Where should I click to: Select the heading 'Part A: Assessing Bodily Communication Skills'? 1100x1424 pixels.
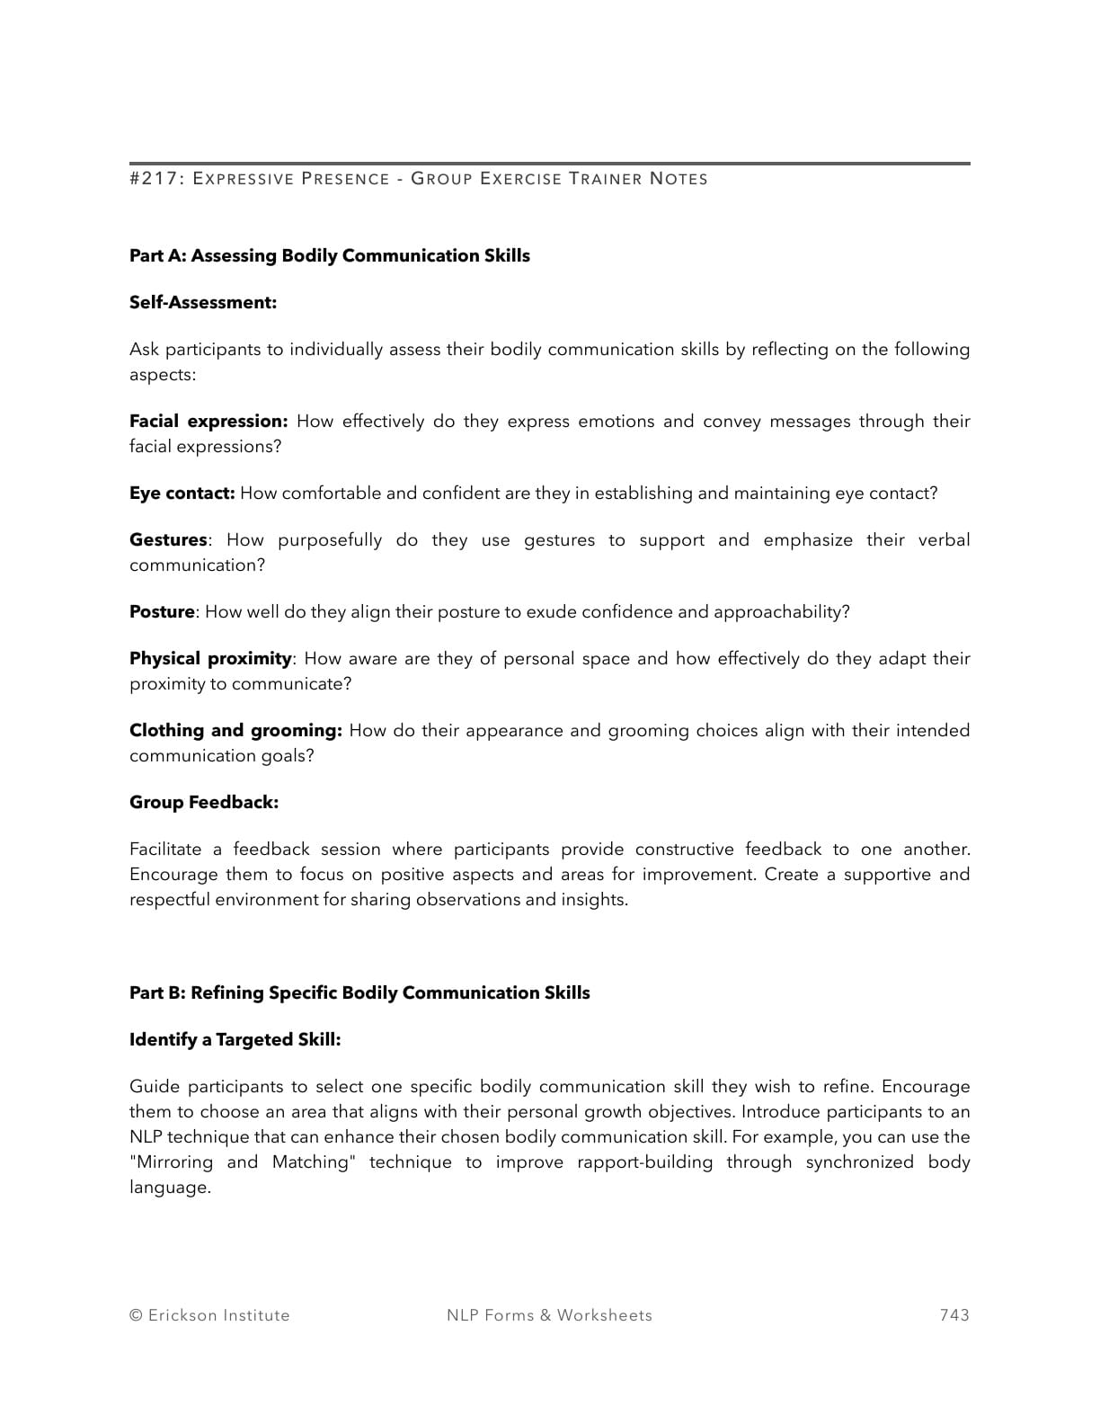329,256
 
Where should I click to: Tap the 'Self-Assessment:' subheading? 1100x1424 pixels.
203,303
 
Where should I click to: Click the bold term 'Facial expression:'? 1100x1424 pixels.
208,422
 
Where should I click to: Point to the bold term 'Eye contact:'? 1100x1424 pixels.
182,494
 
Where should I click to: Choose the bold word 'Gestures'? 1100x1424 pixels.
168,540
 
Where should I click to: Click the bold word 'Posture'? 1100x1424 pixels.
162,612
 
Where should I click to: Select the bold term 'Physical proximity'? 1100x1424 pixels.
210,659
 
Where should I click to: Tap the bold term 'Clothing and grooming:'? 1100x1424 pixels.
235,731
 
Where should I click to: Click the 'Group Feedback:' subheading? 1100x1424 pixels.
204,803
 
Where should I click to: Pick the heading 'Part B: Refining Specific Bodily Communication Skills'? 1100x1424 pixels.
359,993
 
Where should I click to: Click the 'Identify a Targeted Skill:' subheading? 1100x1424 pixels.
235,1040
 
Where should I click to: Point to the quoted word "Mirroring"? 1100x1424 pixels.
172,1162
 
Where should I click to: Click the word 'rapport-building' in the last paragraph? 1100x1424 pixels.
644,1162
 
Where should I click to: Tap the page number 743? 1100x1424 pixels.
954,1315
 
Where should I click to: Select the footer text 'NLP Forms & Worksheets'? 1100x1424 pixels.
549,1315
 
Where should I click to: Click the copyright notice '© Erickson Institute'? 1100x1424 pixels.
209,1315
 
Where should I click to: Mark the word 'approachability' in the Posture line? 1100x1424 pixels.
781,612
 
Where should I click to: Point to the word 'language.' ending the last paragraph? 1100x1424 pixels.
170,1188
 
